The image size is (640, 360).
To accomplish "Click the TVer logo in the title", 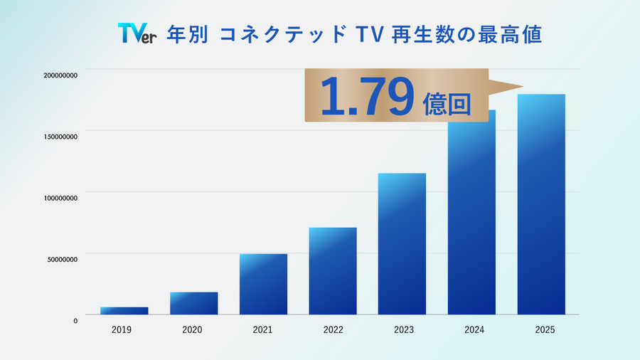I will [x=137, y=34].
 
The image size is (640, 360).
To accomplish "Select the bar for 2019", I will [x=124, y=311].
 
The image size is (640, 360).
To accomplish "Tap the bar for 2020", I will [x=193, y=304].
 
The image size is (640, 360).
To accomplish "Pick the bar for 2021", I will [x=263, y=285].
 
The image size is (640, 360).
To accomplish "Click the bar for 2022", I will [x=333, y=272].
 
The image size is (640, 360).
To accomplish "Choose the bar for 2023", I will [x=402, y=244].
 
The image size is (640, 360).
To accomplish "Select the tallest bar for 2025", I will [x=541, y=205].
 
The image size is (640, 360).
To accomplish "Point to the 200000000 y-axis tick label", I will [x=60, y=75].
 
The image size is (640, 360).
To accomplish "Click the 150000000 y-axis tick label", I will [x=60, y=136].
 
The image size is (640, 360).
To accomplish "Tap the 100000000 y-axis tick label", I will [x=60, y=198].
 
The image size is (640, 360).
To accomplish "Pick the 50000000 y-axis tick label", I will [x=63, y=259].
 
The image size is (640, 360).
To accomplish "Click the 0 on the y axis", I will [x=75, y=320].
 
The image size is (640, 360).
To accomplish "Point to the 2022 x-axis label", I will [x=333, y=330].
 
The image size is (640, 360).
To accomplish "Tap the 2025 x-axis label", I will [x=541, y=330].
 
